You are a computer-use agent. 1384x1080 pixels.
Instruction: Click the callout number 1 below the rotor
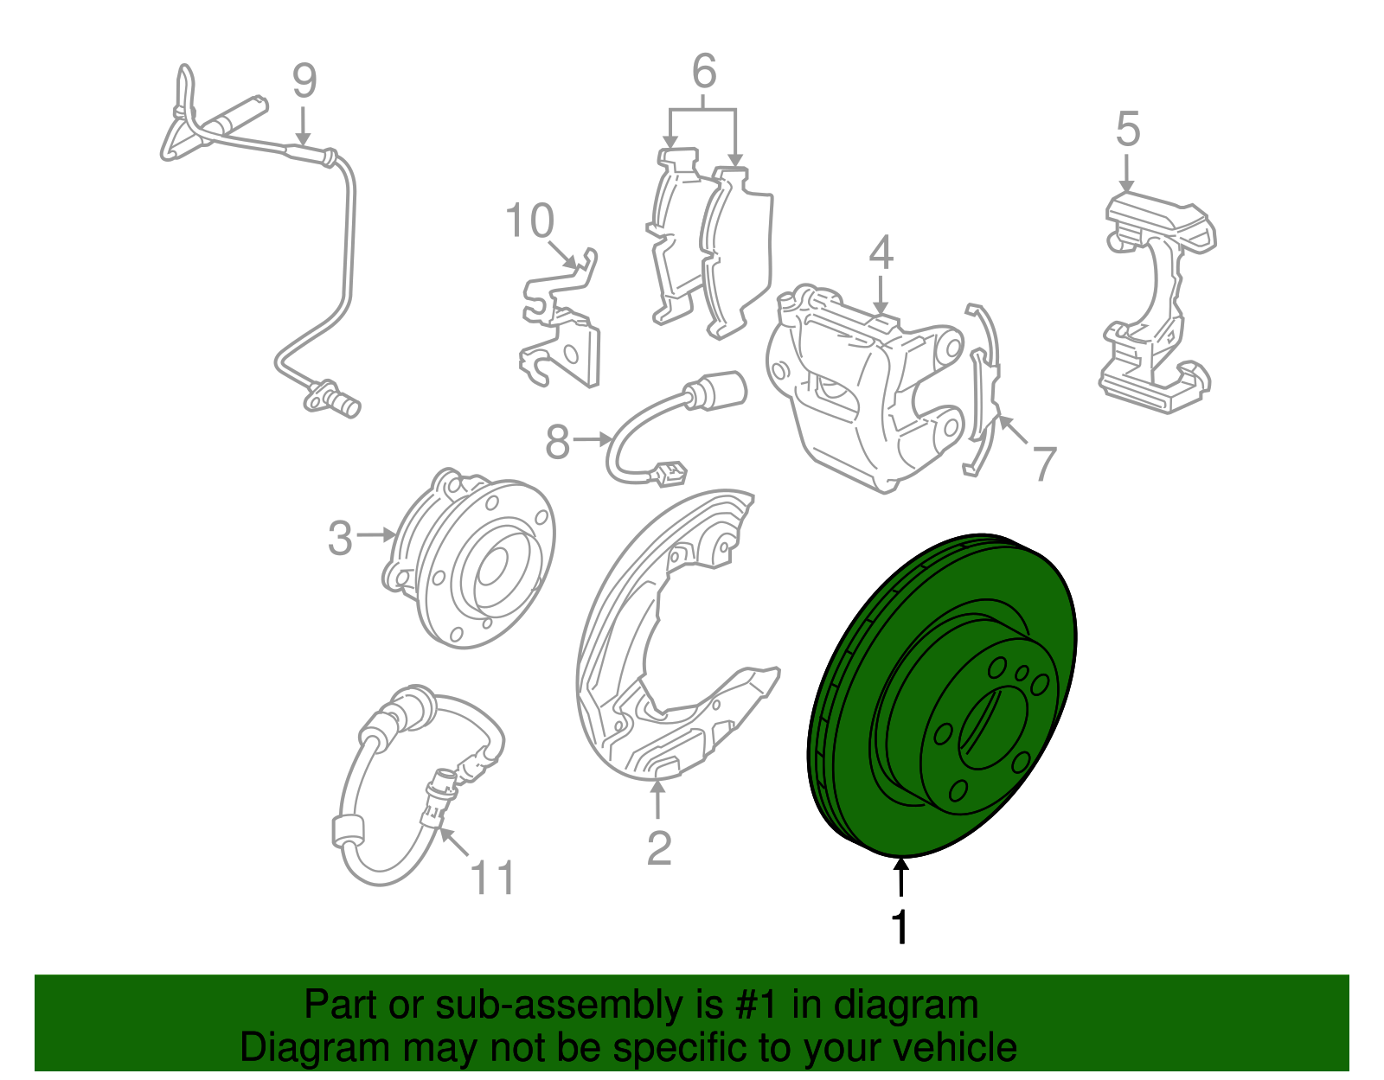900,928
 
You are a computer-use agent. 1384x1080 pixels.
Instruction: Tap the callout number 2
659,848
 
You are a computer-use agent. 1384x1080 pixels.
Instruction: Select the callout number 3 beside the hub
340,538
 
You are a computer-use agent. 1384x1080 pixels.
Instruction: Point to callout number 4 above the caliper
881,252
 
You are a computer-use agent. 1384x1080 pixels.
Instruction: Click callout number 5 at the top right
1128,129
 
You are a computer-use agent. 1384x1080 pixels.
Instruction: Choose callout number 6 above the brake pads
704,71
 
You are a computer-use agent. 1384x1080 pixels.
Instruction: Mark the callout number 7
1044,463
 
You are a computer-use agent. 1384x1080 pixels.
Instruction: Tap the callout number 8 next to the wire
558,443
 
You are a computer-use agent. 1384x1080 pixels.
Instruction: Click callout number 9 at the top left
304,80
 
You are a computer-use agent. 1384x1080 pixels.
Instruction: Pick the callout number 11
492,878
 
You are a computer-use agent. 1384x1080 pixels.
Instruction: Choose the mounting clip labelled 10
562,329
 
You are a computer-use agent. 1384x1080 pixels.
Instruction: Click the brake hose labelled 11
415,778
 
